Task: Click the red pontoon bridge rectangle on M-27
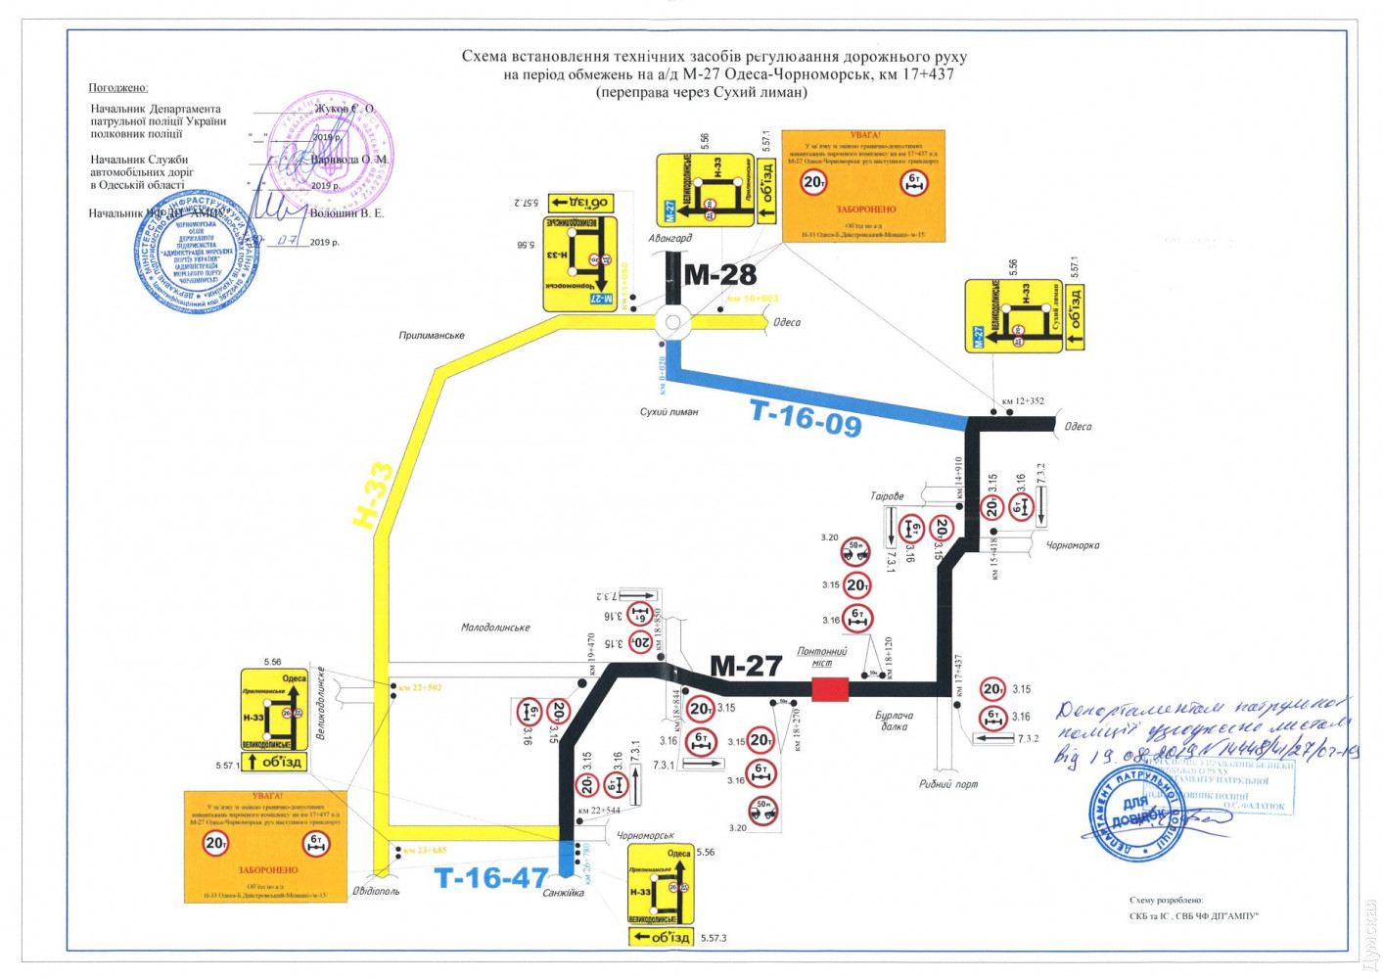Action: click(829, 689)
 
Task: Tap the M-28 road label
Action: click(719, 275)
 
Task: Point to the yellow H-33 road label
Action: click(373, 495)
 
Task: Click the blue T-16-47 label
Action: click(490, 878)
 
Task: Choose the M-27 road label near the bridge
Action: click(745, 667)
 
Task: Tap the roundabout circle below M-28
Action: click(672, 322)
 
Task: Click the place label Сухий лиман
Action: click(668, 412)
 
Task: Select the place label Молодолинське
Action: click(495, 628)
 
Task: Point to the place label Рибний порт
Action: click(947, 784)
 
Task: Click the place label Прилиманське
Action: click(432, 336)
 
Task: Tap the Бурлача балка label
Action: click(894, 722)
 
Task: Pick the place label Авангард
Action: click(669, 238)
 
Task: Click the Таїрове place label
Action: click(887, 496)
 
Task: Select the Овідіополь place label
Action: click(376, 891)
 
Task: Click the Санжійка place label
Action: click(563, 893)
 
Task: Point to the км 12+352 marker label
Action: click(1023, 401)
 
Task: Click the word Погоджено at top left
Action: click(118, 88)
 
